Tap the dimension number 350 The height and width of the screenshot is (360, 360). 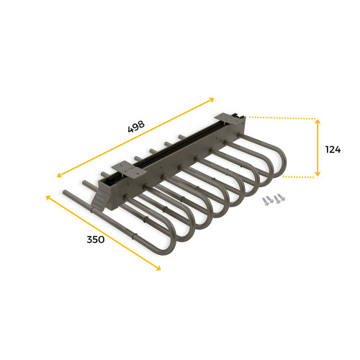pyautogui.click(x=94, y=239)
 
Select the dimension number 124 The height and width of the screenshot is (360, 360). pyautogui.click(x=333, y=150)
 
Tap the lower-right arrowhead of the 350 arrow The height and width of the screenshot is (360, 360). pyautogui.click(x=159, y=270)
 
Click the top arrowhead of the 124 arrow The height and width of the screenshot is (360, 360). pyautogui.click(x=318, y=121)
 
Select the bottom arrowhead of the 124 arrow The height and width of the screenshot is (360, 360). pyautogui.click(x=318, y=174)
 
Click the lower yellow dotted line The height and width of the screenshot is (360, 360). pyautogui.click(x=299, y=176)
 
